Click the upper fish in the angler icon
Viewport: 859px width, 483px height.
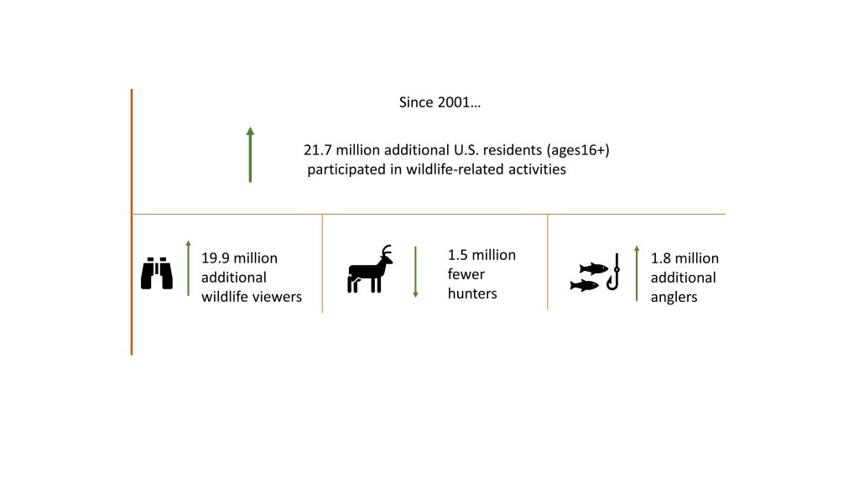click(594, 268)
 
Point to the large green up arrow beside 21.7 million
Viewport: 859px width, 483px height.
click(250, 154)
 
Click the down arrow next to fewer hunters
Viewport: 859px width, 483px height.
click(415, 273)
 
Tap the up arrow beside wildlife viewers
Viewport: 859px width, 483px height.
click(189, 268)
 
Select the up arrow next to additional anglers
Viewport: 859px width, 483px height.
click(637, 273)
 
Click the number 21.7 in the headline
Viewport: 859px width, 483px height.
click(317, 150)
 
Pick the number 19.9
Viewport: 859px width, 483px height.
click(214, 258)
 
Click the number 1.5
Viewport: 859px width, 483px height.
click(457, 255)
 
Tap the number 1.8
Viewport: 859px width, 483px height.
click(661, 258)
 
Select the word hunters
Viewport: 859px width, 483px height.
click(472, 293)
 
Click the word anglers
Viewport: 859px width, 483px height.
click(674, 298)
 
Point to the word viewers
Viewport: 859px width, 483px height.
click(276, 297)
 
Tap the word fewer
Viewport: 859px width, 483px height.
click(466, 274)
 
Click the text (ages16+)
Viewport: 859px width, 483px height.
click(578, 150)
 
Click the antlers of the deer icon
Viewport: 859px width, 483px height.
click(387, 251)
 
